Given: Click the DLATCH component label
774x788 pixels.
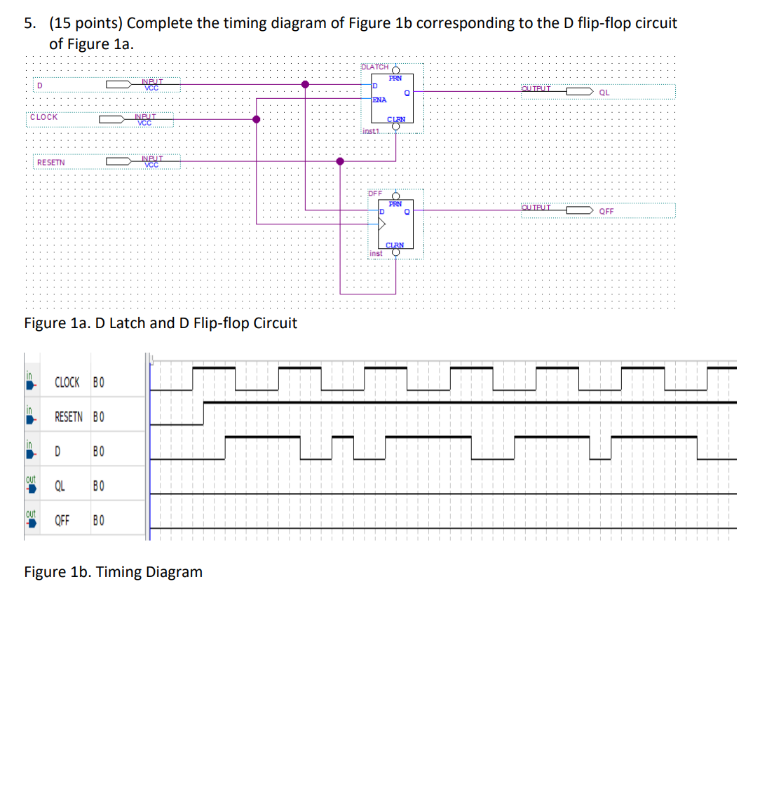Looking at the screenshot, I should click(374, 67).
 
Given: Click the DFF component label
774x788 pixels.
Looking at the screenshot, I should click(375, 193).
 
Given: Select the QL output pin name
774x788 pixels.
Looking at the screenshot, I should click(604, 93).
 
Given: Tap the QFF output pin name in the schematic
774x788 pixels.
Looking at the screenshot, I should click(606, 211).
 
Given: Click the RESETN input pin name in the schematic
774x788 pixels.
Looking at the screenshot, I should click(50, 163).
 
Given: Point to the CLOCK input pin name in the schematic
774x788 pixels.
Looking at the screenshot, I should click(43, 117).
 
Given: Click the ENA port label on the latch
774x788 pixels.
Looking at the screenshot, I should click(379, 100).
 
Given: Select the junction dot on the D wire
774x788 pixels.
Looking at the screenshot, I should click(305, 84).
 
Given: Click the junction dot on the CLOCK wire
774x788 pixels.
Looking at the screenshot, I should click(257, 119).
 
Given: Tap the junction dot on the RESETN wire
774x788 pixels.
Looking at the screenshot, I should click(340, 161).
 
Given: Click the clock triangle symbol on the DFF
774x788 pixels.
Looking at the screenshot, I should click(381, 224).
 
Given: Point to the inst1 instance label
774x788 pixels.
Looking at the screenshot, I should click(370, 131).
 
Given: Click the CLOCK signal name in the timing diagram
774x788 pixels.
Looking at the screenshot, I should click(67, 382).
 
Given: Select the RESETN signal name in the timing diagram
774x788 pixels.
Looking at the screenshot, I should click(69, 416).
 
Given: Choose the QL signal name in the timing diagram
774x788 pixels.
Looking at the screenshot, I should click(60, 486).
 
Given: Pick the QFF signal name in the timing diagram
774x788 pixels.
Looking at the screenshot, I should click(62, 520).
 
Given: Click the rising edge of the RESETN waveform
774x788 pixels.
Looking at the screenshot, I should click(203, 413).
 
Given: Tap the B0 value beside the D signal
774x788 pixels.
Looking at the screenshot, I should click(98, 451).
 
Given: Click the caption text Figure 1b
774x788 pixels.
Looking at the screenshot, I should click(113, 572).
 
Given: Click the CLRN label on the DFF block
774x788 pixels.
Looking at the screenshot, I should click(395, 245).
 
